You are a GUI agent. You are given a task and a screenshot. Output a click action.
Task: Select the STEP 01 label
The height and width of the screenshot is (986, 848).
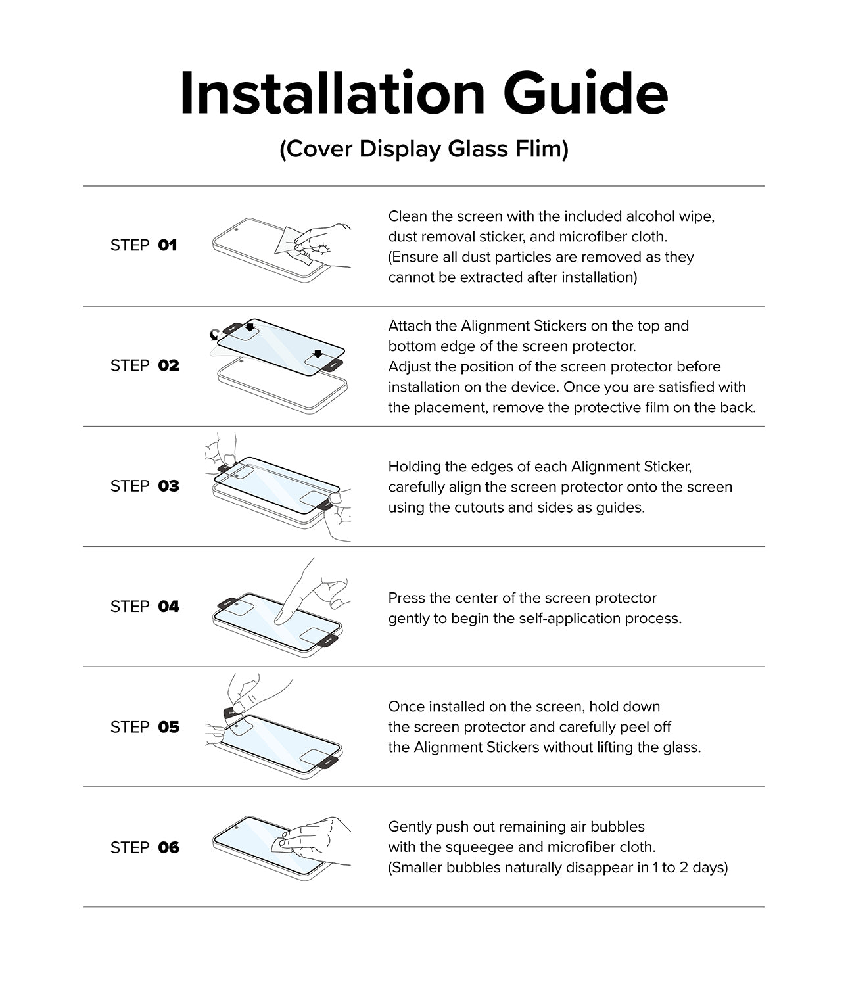point(143,245)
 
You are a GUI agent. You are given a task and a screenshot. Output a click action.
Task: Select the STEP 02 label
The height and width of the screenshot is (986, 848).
point(145,365)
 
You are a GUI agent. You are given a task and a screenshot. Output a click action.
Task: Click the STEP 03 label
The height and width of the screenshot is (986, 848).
point(145,486)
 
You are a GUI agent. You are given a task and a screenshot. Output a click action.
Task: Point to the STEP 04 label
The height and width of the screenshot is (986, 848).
point(145,606)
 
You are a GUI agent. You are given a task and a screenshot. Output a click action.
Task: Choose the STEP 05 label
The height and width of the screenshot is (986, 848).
point(145,727)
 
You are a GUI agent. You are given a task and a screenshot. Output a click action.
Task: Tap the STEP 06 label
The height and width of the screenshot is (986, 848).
point(145,847)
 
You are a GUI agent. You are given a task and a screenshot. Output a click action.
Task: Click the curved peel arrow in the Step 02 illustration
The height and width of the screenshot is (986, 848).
point(214,336)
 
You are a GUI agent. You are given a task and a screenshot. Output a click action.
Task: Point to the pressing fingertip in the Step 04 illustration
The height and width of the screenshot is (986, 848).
point(279,617)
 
